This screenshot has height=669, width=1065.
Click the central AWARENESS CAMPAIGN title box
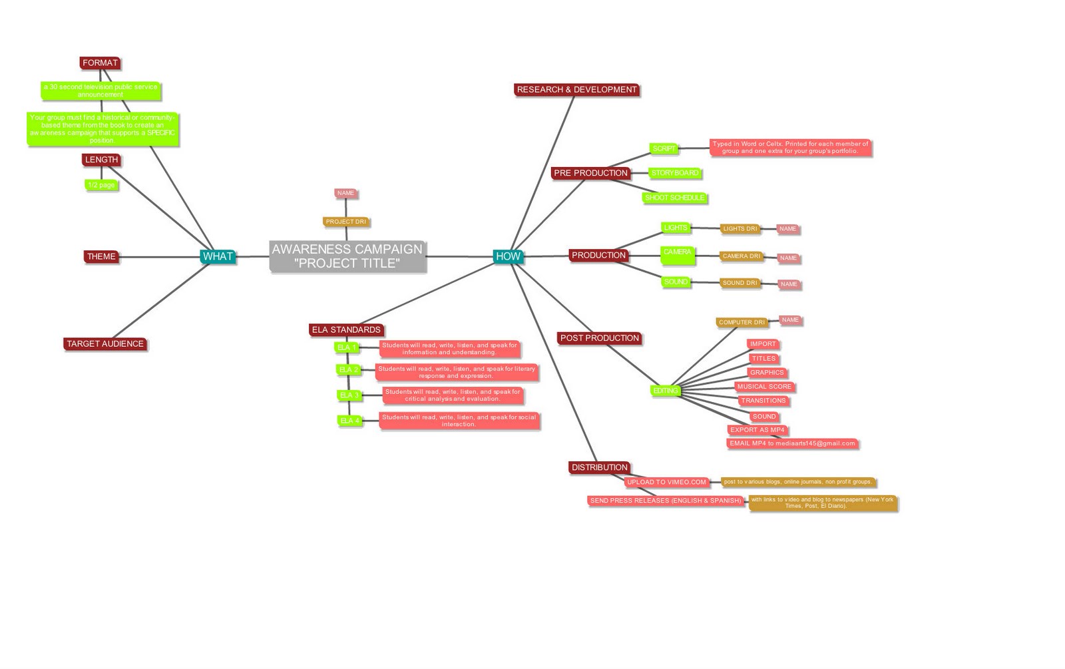(347, 256)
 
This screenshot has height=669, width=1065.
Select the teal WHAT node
(218, 256)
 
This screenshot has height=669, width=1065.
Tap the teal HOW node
(507, 256)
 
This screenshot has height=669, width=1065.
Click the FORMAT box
(100, 63)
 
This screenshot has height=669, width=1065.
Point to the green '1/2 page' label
(101, 185)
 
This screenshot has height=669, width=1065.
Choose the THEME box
(101, 256)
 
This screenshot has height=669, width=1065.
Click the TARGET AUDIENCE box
(105, 344)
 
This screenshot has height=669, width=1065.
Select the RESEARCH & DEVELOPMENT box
(576, 90)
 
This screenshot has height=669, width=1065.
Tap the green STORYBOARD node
(675, 173)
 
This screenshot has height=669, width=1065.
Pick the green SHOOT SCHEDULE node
(674, 198)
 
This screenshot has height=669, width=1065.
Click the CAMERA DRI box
(741, 256)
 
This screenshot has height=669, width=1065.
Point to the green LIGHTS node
(675, 228)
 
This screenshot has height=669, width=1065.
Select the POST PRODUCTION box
(599, 338)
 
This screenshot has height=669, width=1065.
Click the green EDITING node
(665, 391)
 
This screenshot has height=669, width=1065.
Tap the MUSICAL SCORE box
(764, 387)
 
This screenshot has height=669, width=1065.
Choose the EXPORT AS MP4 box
(757, 430)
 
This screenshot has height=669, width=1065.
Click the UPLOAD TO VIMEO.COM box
(666, 482)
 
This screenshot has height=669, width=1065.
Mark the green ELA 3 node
(349, 395)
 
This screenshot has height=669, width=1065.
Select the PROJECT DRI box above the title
(345, 222)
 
